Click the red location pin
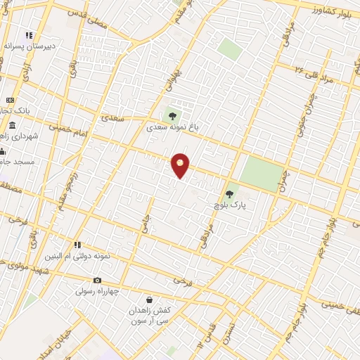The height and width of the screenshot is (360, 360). (x=181, y=165)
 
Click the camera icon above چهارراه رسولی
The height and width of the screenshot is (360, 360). (x=97, y=281)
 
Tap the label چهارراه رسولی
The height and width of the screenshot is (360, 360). (x=99, y=290)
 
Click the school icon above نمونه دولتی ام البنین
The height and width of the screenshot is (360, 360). (x=78, y=245)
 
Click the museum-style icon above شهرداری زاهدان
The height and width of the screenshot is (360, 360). (x=13, y=126)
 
